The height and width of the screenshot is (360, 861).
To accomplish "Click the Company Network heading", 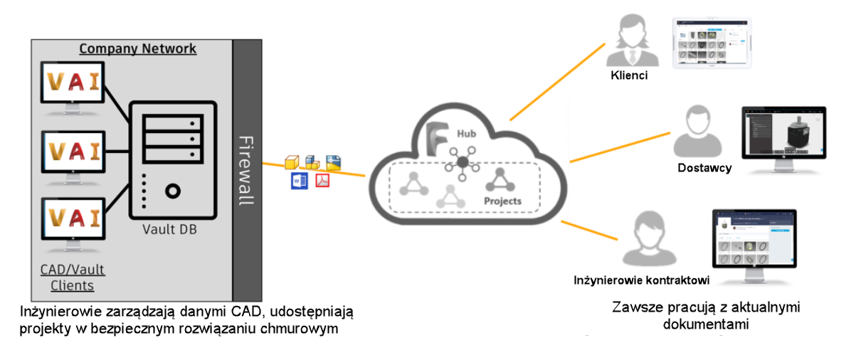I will coord(137,49).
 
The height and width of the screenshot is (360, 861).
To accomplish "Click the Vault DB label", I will coord(169,229).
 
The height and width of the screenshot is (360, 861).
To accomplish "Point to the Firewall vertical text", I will coord(245,170).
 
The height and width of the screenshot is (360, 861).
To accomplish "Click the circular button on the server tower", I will coord(172,191).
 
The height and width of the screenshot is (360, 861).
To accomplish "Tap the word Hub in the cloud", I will coord(467,134).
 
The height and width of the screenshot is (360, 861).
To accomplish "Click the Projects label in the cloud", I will coord(502,201).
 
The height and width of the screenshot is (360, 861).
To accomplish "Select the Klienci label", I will coord(629,75).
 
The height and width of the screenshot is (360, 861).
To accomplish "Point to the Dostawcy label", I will coord(704,168).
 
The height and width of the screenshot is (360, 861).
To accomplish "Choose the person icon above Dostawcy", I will coord(695,132).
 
